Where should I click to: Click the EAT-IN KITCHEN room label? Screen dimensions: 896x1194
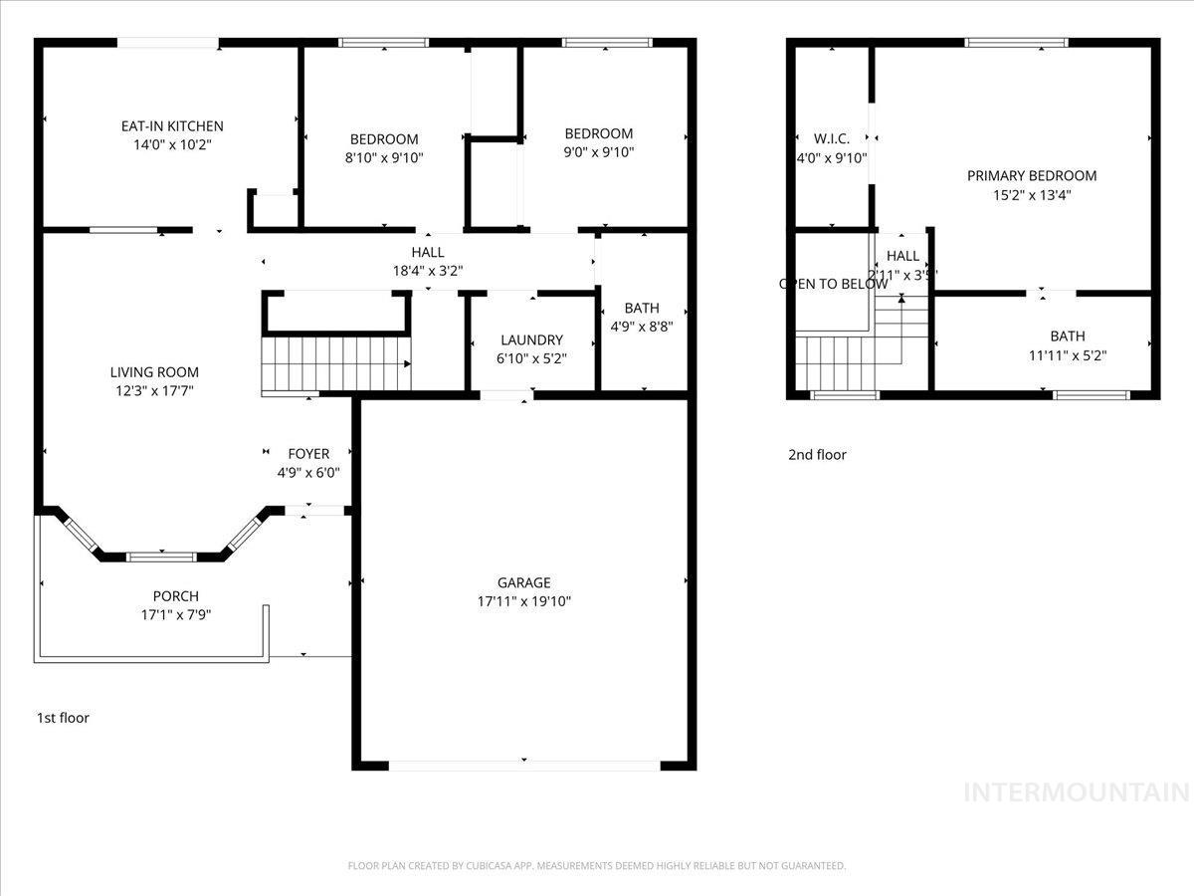[x=172, y=126]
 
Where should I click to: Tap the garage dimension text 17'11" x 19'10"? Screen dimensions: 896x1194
[x=524, y=601]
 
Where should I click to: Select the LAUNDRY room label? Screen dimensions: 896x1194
[x=531, y=340]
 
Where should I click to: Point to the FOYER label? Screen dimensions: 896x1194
[x=308, y=454]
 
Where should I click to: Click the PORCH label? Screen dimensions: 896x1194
[x=175, y=596]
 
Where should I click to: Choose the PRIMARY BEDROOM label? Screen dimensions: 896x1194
[x=1032, y=176]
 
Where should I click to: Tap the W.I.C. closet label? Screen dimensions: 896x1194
[x=831, y=138]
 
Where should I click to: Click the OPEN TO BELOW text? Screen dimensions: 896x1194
[x=833, y=284]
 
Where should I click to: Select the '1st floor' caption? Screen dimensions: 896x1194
[x=63, y=718]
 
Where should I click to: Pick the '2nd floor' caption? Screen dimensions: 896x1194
[x=817, y=455]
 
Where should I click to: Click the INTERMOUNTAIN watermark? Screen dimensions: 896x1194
[x=1078, y=792]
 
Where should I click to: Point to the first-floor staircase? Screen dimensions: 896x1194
[x=335, y=364]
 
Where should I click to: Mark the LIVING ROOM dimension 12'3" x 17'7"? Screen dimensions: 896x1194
[x=154, y=391]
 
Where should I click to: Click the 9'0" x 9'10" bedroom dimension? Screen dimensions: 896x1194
[x=599, y=152]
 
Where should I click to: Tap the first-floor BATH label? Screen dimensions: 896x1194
[x=642, y=309]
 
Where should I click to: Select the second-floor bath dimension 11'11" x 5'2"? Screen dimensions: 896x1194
[x=1067, y=354]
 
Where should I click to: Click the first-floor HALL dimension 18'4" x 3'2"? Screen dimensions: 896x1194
[x=428, y=270]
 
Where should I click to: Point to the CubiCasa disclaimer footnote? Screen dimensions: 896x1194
[x=596, y=866]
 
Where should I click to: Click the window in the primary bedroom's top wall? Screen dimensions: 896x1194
[x=1016, y=42]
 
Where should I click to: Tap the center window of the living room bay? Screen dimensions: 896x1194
[x=160, y=556]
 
